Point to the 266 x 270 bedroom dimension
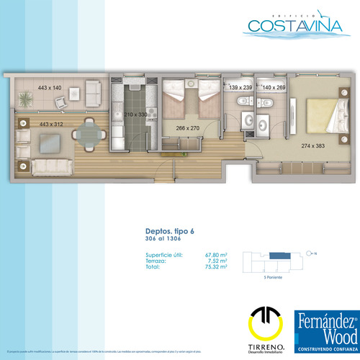click(x=187, y=128)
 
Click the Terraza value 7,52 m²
click(x=217, y=261)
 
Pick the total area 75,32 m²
click(x=216, y=266)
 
